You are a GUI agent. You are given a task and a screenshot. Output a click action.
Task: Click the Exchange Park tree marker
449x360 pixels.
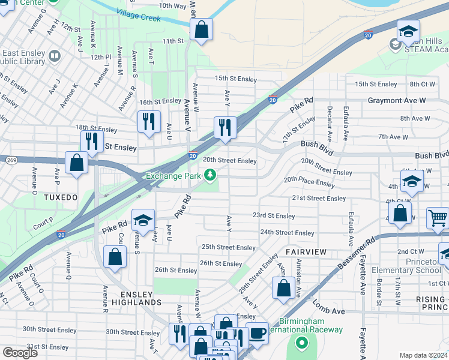coord(210,175)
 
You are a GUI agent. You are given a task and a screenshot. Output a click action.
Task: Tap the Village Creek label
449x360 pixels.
coord(139,15)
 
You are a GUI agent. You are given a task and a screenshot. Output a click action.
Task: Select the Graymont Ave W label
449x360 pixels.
coord(396,100)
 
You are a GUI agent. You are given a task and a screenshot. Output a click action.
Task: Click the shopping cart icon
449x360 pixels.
coord(439,219)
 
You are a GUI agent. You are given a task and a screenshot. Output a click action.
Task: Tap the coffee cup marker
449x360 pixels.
coord(258,333)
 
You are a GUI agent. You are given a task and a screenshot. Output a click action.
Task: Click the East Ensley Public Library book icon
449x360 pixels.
coord(55,56)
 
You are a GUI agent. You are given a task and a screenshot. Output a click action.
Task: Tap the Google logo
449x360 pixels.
coord(20,353)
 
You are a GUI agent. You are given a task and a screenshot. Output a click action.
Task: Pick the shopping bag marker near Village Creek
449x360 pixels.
coord(202,29)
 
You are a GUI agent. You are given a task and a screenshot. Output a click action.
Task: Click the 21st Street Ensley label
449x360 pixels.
coord(319,198)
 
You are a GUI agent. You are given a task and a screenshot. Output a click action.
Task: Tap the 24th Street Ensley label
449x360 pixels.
coord(287,233)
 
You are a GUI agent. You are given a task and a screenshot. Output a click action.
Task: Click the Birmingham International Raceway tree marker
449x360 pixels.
coord(301,343)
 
